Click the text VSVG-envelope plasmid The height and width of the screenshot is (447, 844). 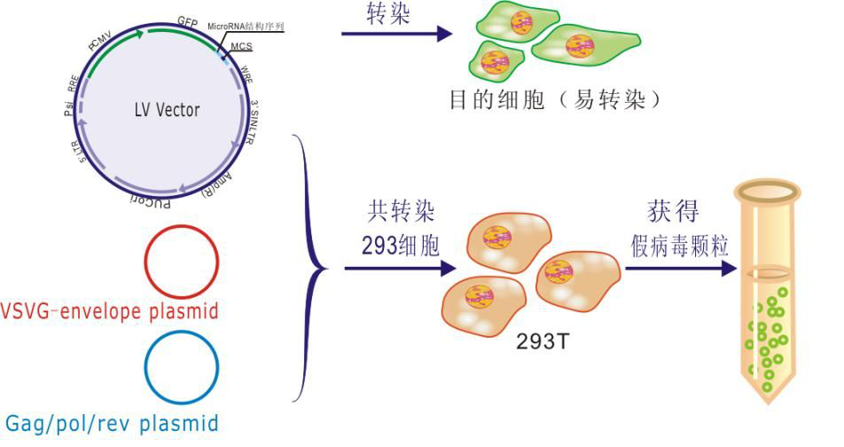[x=110, y=311]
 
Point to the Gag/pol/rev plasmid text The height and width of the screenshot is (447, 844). [x=112, y=423]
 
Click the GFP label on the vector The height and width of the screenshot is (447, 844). [x=187, y=20]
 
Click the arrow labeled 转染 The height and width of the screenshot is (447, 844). [x=395, y=35]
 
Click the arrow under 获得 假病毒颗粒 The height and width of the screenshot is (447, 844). [x=678, y=265]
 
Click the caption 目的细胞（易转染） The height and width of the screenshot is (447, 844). [x=556, y=99]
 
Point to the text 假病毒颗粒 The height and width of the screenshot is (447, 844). [x=680, y=245]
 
